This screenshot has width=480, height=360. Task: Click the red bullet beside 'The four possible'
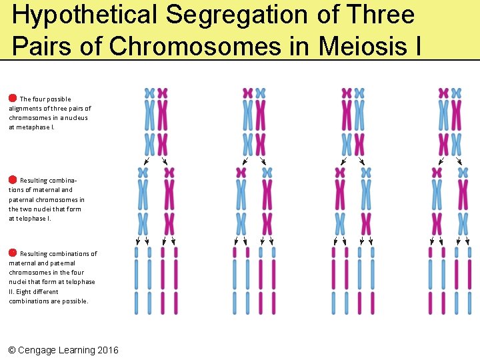(x=13, y=98)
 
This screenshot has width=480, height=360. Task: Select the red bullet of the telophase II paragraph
(x=13, y=253)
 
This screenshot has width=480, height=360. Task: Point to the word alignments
(x=25, y=109)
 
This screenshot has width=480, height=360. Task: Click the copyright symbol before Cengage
(x=12, y=350)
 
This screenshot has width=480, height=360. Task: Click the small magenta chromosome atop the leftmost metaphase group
(x=163, y=93)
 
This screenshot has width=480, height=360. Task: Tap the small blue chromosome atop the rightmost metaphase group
(x=457, y=93)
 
